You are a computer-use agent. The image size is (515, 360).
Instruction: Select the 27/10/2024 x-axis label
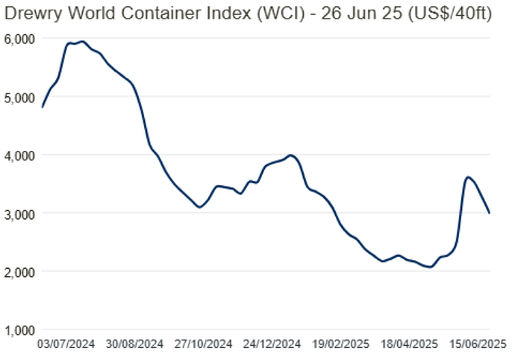pos(205,345)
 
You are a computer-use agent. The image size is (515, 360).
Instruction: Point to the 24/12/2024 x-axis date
pos(272,345)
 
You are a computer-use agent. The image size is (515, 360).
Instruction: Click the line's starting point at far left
pos(42,108)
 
